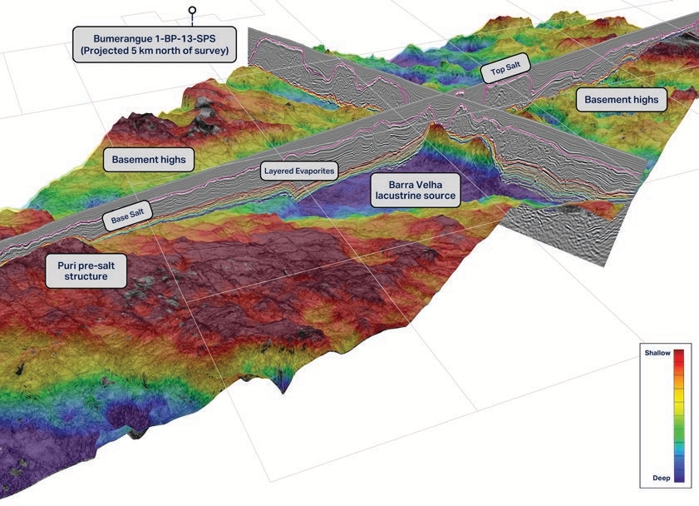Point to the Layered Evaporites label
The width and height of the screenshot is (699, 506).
(x=299, y=172)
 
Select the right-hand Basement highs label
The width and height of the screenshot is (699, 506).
(x=621, y=100)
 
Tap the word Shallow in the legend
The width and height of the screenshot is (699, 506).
(x=657, y=353)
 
